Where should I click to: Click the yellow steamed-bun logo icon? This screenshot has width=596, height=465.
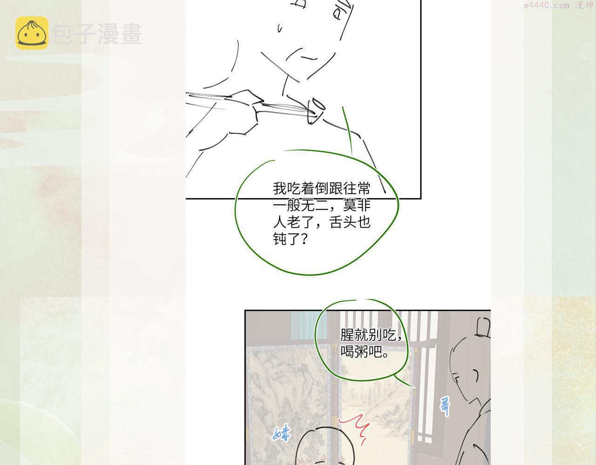(32, 33)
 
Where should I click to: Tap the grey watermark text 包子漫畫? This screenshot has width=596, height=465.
(97, 33)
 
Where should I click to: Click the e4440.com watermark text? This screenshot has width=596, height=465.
(546, 5)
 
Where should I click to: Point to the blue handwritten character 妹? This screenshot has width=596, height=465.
(281, 432)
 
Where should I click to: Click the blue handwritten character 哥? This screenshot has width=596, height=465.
(445, 407)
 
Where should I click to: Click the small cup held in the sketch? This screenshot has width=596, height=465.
(316, 111)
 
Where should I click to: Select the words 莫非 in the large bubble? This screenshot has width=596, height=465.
(357, 205)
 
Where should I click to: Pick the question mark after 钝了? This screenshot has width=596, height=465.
(304, 239)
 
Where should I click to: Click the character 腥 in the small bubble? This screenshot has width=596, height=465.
(347, 335)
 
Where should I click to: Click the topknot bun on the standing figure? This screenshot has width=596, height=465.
(483, 327)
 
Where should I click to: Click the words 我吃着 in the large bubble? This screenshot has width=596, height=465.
(293, 188)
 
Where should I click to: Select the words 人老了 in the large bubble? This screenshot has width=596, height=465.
(293, 222)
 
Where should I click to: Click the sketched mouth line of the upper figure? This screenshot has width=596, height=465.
(309, 58)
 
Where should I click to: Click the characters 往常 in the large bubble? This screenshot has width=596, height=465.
(357, 188)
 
